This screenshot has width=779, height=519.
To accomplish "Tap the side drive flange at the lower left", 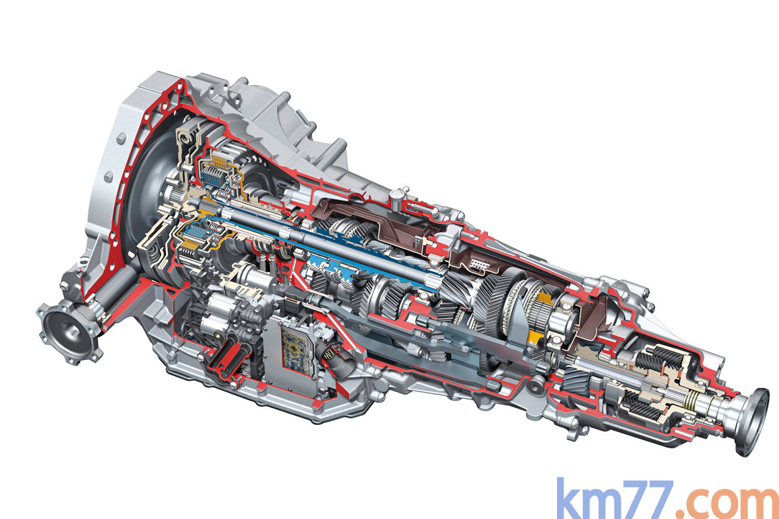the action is [68, 333].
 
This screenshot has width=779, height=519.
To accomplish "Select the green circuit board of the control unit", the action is [295, 348].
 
